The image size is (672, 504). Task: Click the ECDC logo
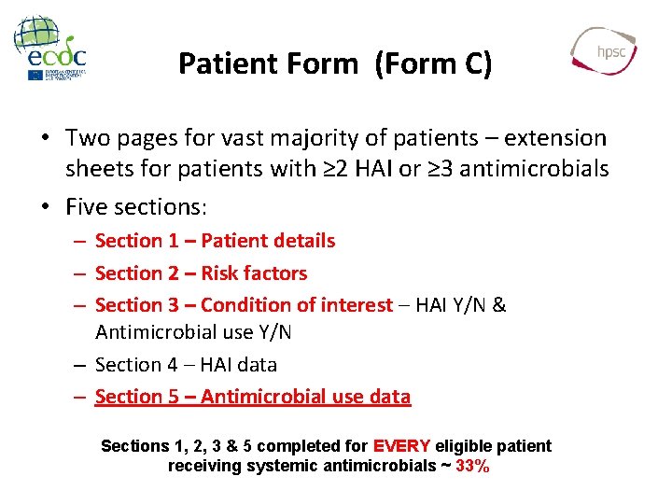tap(51, 49)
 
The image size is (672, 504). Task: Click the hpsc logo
tap(605, 50)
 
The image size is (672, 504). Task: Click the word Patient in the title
tap(221, 63)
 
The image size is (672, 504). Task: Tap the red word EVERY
tap(401, 446)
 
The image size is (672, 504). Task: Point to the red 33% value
tap(472, 466)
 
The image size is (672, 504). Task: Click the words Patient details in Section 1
tap(268, 241)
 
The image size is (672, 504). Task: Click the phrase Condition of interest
tap(297, 305)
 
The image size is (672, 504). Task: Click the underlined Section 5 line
tap(252, 397)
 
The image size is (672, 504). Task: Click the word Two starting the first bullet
tap(87, 139)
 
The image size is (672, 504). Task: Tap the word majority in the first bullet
tap(317, 139)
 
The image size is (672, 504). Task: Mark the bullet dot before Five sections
tap(45, 204)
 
